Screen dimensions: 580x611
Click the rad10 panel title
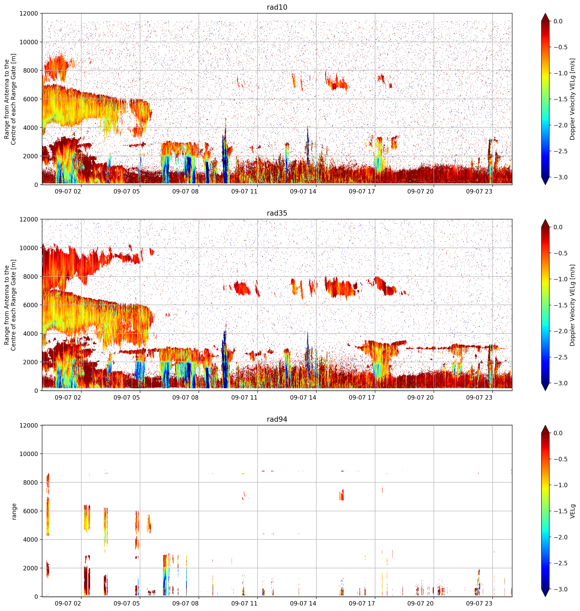click(277, 7)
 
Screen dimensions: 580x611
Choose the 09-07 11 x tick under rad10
click(244, 191)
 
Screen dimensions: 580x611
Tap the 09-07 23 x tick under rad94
click(479, 603)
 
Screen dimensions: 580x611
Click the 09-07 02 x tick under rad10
click(68, 191)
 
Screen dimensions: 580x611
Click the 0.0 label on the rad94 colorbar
click(558, 433)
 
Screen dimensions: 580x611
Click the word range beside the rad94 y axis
click(14, 511)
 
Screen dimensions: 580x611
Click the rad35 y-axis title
click(10, 305)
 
